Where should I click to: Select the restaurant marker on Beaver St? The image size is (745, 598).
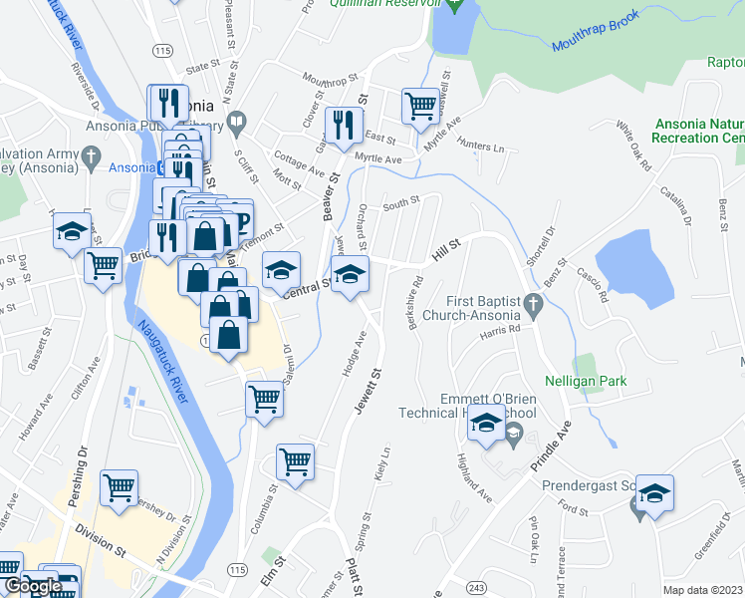344,124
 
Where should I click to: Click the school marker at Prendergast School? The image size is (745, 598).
655,493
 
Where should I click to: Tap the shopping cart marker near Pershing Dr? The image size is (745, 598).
119,487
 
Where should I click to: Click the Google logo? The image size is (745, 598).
31,587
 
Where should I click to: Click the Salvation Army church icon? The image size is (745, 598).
90,156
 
